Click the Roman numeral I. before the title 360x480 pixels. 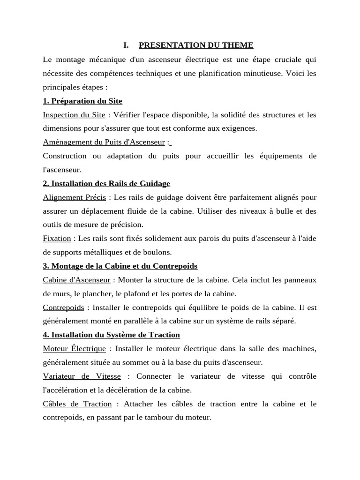coord(126,45)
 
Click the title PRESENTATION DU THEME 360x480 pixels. coord(196,45)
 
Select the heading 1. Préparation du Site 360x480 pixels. coord(82,101)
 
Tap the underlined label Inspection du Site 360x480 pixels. coord(74,115)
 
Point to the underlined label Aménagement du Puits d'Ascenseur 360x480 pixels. coord(104,142)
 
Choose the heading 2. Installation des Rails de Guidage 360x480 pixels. coord(106,183)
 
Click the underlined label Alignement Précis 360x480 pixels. coord(74,197)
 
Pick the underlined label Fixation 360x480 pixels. coord(57,239)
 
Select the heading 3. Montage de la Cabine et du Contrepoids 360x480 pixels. coord(120,266)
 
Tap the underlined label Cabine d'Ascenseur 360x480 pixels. coord(76,280)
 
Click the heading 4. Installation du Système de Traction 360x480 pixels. coord(111,335)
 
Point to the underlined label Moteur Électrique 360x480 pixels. coord(74,349)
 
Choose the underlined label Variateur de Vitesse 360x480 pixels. coord(82,376)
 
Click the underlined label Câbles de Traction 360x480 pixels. coord(77,404)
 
